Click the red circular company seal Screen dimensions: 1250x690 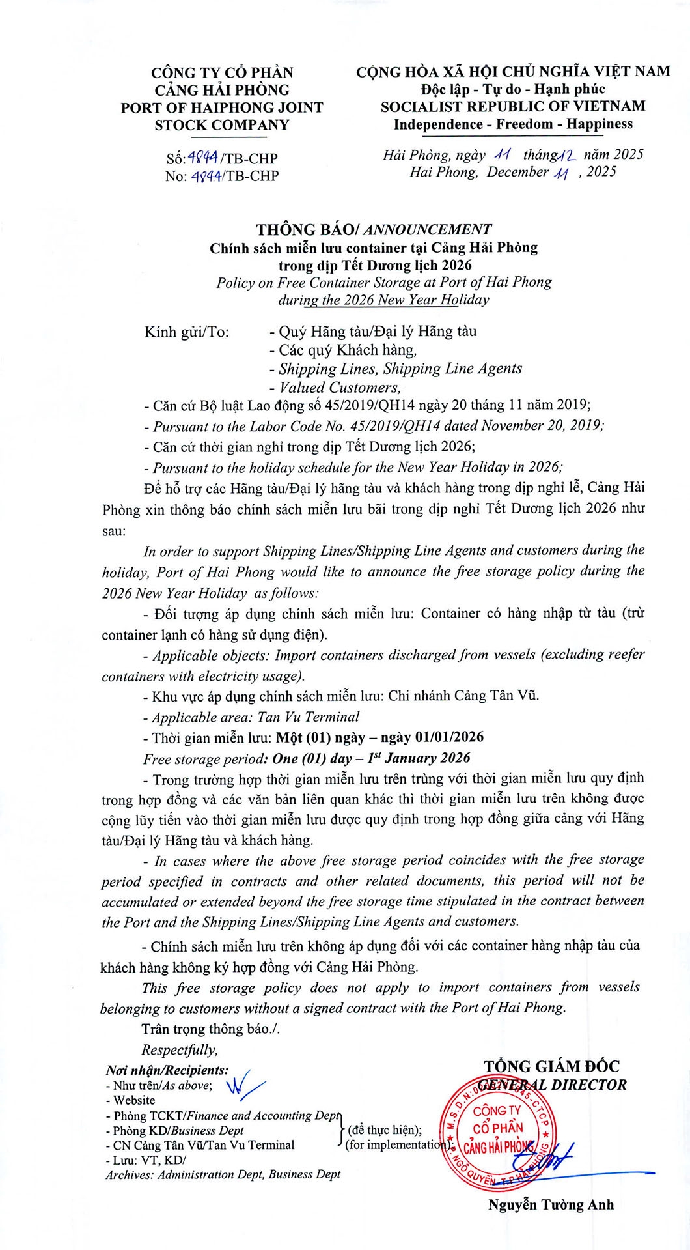tap(498, 1130)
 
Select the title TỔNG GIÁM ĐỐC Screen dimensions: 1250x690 tap(551, 1066)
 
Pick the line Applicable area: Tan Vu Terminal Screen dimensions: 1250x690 tap(255, 717)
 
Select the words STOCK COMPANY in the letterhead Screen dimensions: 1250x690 tap(221, 125)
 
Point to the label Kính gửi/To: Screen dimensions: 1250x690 tap(186, 332)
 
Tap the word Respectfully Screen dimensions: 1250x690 tap(179, 1049)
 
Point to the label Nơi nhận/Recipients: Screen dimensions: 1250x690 tap(167, 1070)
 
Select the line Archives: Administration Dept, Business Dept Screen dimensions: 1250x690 tap(223, 1174)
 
